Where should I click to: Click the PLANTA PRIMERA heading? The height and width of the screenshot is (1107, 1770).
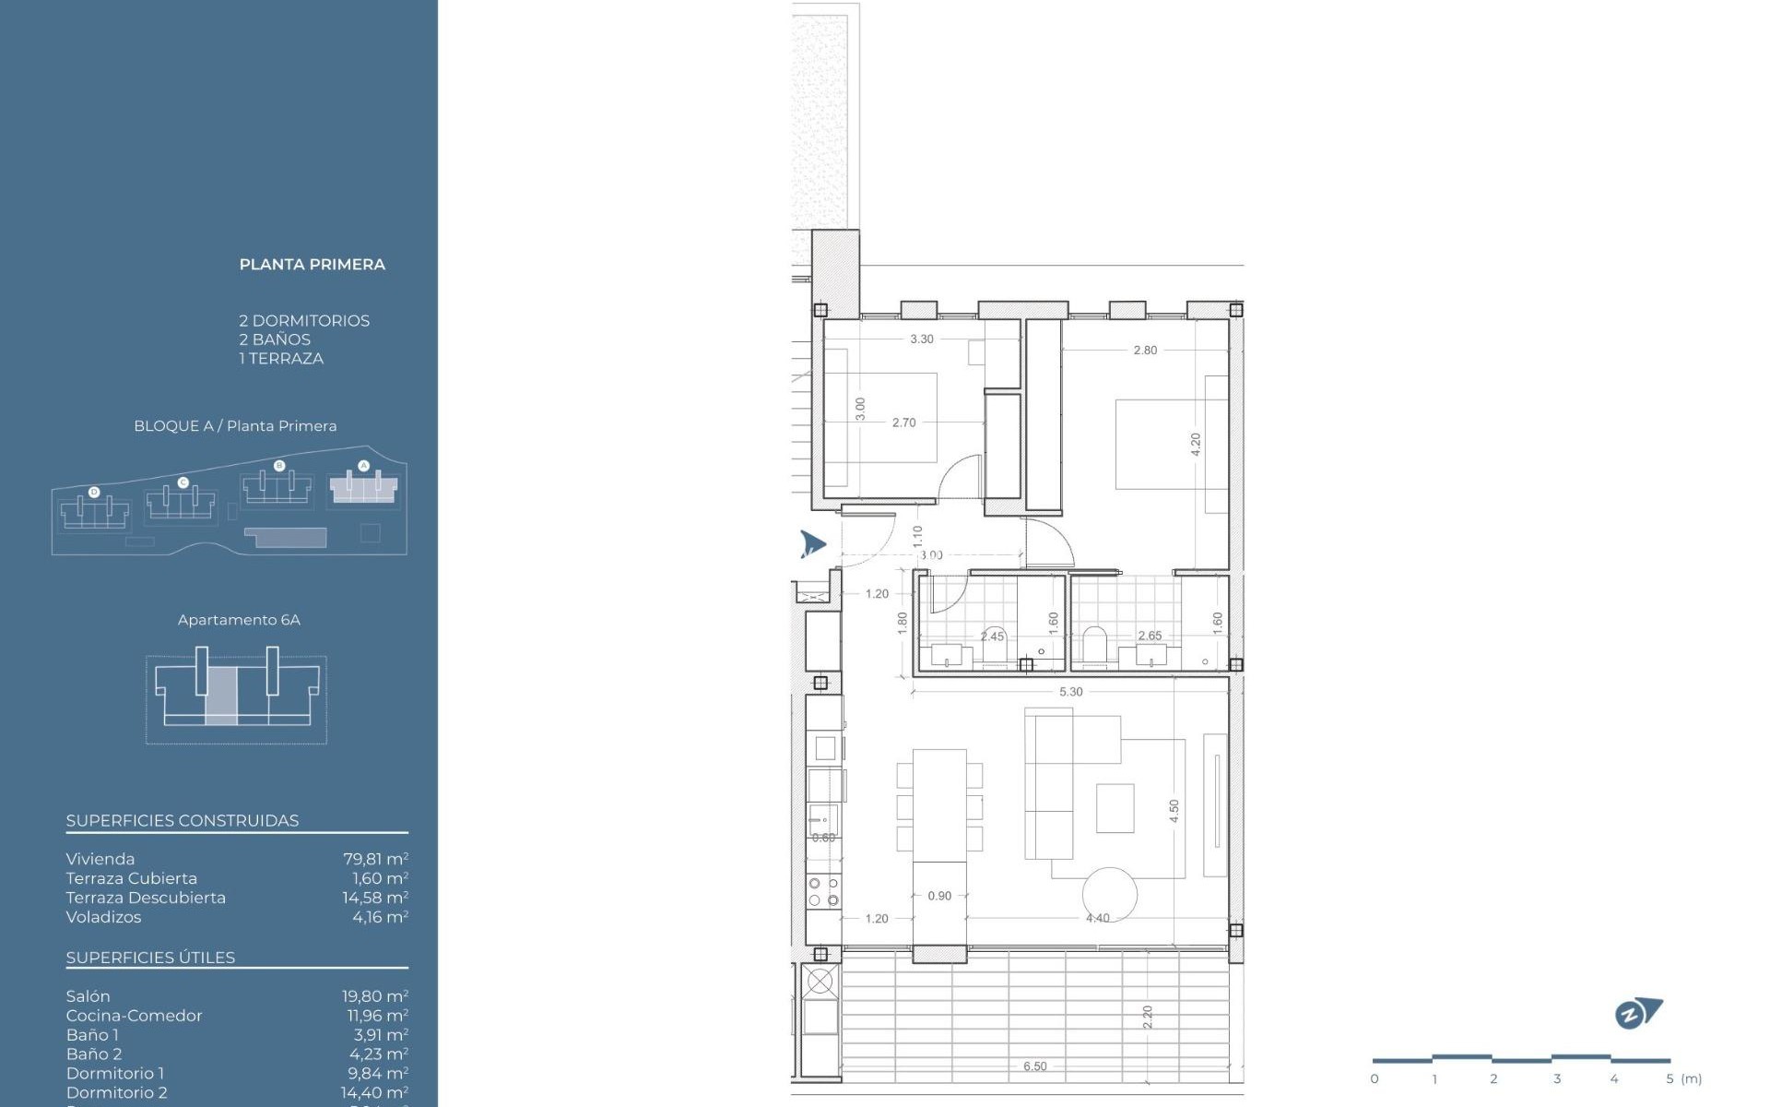312,265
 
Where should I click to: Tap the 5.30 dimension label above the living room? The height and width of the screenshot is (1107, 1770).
1070,692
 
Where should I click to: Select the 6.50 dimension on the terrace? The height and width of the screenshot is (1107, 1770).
1034,1066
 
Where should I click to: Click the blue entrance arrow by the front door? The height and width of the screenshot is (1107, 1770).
811,543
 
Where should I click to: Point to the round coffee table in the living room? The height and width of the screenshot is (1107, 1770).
1109,893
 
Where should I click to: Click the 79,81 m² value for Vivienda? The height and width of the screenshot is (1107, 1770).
375,859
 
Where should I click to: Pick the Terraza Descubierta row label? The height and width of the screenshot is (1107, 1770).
146,898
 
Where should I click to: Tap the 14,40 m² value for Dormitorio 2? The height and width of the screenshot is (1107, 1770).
374,1092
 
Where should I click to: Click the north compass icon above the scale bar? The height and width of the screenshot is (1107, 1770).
1637,1014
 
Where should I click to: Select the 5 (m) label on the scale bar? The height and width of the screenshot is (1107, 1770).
1682,1078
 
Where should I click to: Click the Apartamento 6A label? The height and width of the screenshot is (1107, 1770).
239,620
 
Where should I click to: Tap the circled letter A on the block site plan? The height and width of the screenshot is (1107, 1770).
363,466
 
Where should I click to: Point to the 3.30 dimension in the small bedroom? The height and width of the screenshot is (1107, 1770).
921,339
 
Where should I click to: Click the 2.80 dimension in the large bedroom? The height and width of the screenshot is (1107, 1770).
1145,351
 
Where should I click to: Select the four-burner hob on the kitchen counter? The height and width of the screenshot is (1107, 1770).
823,891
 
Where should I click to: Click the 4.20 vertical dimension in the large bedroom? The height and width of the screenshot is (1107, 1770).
1196,445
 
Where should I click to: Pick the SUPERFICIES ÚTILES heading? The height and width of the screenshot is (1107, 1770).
150,958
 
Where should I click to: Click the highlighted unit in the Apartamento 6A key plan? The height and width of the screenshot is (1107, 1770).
220,696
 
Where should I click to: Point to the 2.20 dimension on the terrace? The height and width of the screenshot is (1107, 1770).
1148,1017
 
